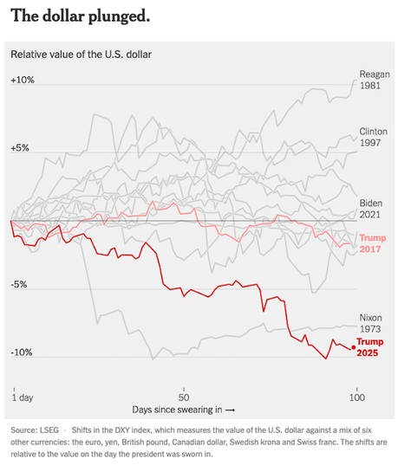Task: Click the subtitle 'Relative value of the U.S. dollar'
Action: pyautogui.click(x=81, y=55)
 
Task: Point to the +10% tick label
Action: pyautogui.click(x=23, y=80)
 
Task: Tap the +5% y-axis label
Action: pyautogui.click(x=21, y=148)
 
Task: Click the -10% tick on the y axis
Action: pyautogui.click(x=23, y=353)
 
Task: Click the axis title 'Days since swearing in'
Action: pyautogui.click(x=182, y=409)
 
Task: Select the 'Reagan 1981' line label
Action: pyautogui.click(x=370, y=79)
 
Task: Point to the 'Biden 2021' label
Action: pyautogui.click(x=370, y=208)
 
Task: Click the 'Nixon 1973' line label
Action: pyautogui.click(x=370, y=324)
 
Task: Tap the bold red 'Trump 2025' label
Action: pyautogui.click(x=371, y=348)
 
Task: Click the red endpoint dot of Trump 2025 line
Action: pyautogui.click(x=354, y=347)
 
